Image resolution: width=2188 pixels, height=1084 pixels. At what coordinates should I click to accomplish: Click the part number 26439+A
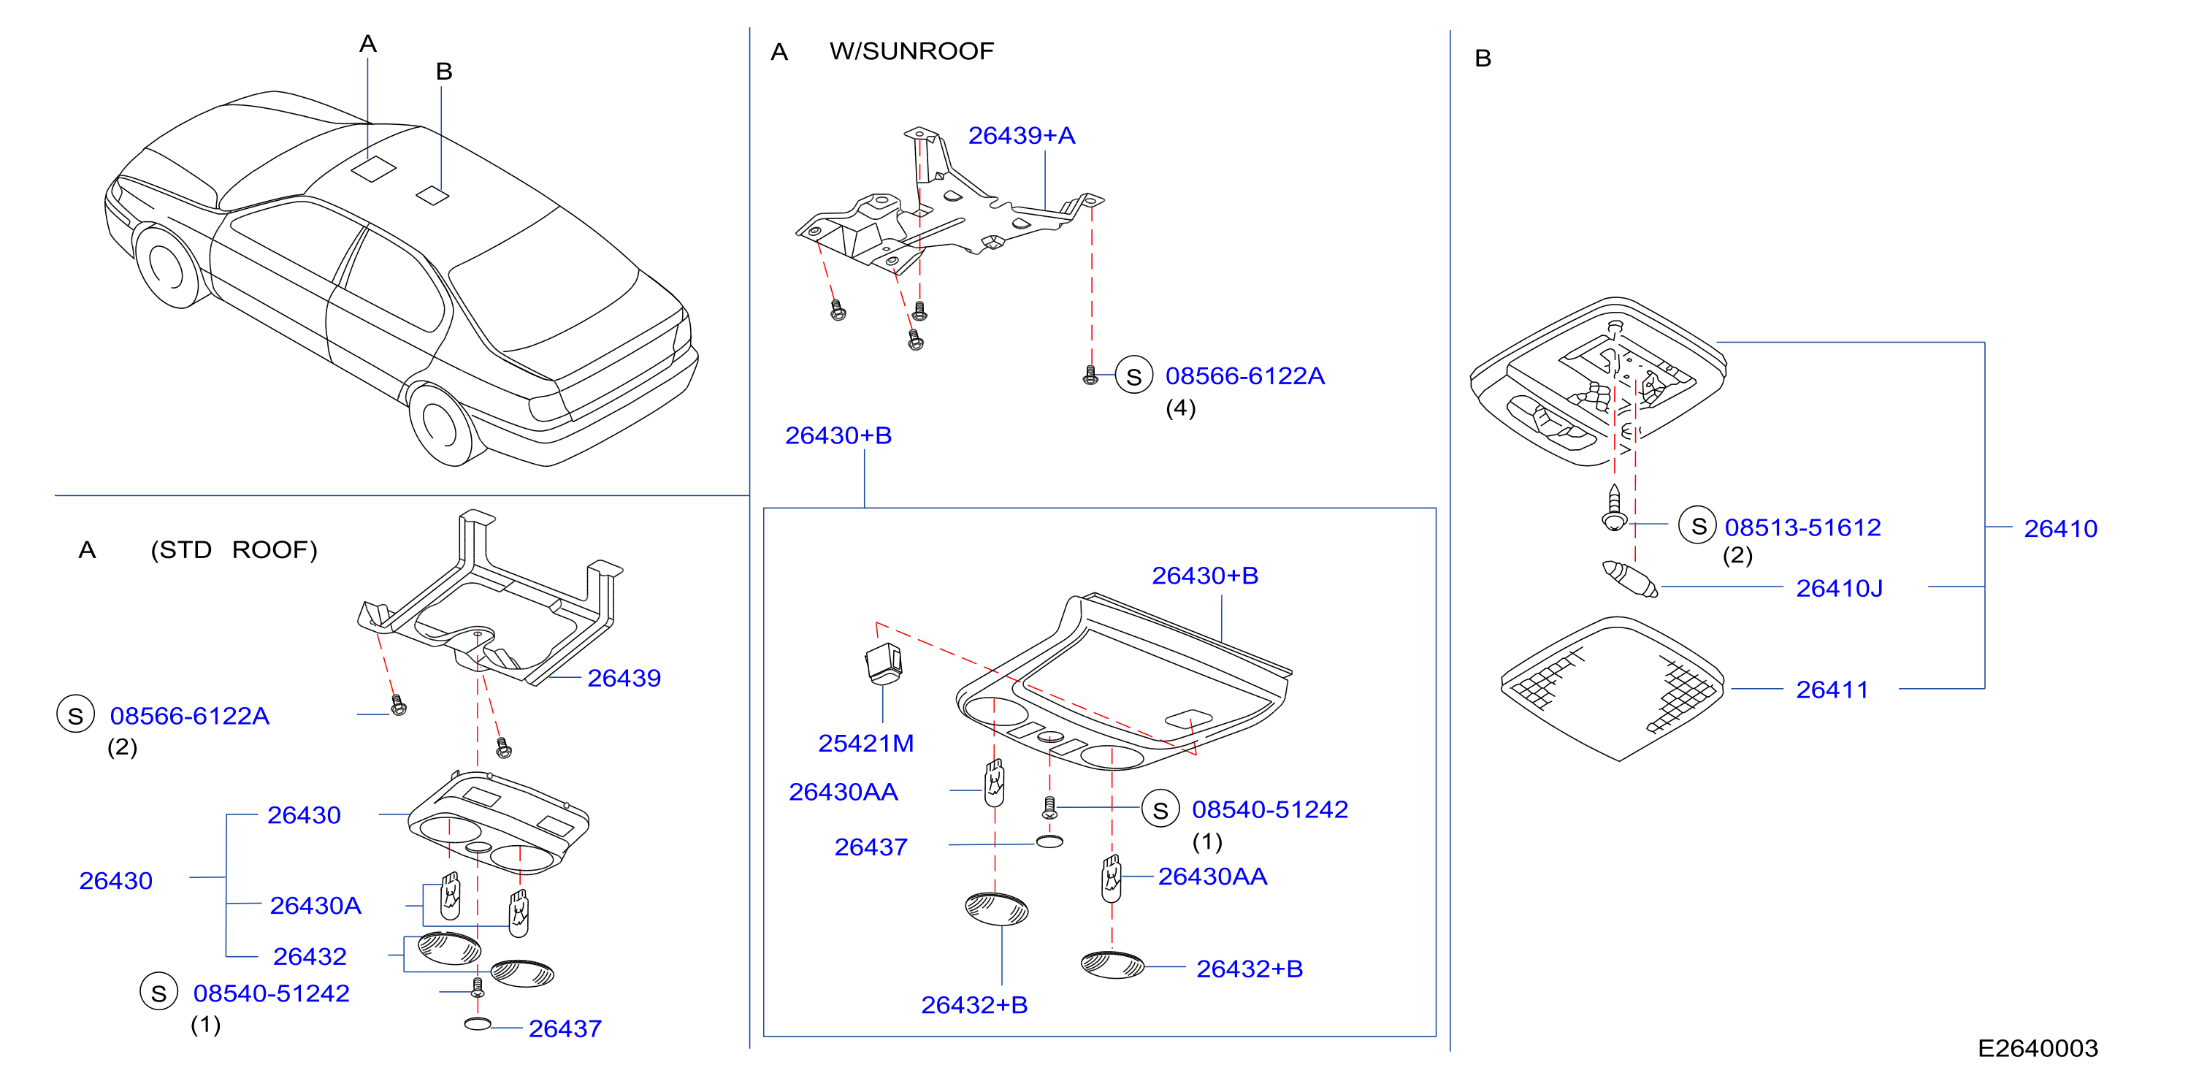click(x=1021, y=135)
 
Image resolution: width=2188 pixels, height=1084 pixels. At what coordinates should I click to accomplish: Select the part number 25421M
click(x=865, y=744)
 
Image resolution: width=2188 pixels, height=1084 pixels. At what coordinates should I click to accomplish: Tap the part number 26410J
click(x=1839, y=588)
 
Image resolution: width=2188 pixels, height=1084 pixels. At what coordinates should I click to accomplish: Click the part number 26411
click(x=1832, y=689)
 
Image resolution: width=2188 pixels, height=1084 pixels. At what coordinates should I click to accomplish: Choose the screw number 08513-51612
click(x=1802, y=527)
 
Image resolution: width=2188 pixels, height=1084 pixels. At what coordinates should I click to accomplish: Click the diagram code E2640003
click(x=2037, y=1047)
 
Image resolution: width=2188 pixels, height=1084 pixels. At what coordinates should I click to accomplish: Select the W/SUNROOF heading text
click(x=911, y=51)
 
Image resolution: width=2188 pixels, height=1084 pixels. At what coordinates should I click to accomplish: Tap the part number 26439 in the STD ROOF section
click(x=624, y=678)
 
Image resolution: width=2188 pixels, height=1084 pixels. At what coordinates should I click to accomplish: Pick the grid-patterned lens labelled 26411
click(x=1611, y=688)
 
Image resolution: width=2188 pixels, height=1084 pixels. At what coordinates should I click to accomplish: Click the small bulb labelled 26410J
click(x=1629, y=579)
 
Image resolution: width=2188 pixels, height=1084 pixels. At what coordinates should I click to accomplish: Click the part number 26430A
click(x=315, y=906)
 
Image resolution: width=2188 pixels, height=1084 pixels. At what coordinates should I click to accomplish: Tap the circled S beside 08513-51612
click(x=1698, y=526)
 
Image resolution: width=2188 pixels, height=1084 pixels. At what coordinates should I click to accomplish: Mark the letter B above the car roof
click(x=443, y=72)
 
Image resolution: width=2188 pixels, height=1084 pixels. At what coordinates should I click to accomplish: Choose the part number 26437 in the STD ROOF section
click(x=565, y=1028)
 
